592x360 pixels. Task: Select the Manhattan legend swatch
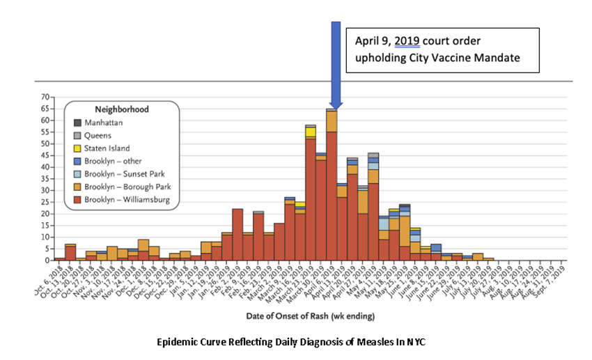[78, 123]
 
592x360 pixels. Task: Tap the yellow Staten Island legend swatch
[78, 148]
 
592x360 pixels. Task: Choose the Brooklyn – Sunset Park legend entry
[121, 174]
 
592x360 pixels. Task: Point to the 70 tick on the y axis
[43, 97]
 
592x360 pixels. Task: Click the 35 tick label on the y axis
[43, 178]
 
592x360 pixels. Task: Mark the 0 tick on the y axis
[46, 260]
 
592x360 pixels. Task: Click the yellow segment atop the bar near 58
[311, 132]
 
